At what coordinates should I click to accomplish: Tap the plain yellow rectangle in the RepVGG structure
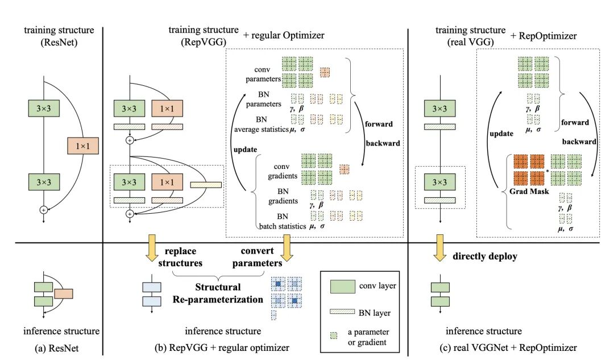[206, 185]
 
